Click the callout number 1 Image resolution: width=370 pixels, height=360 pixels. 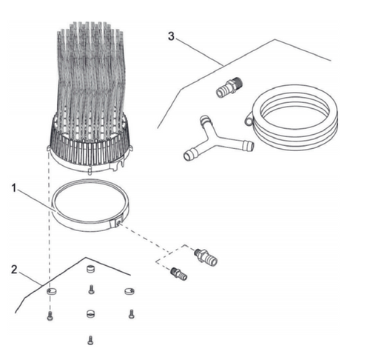pos(14,188)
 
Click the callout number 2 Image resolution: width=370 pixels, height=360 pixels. pos(14,270)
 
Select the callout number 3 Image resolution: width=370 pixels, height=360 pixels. pos(171,36)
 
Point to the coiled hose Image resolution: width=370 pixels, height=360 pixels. pos(294,117)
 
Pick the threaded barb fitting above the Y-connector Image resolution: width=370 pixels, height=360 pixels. pos(229,87)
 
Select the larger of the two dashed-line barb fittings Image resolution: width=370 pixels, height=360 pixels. pos(206,257)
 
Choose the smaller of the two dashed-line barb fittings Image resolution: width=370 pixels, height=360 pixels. pos(178,274)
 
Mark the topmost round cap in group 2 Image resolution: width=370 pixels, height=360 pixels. pos(91,269)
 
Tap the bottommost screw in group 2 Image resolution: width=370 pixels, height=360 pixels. pos(90,340)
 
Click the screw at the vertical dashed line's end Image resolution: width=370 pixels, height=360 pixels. pos(50,316)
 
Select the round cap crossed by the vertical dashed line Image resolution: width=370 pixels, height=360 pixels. pos(52,291)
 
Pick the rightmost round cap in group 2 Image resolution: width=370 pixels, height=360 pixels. pos(129,291)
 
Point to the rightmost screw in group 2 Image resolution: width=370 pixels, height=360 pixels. pos(131,314)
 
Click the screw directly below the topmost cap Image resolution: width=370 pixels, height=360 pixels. pos(91,290)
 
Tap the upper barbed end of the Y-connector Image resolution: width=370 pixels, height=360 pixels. pos(205,120)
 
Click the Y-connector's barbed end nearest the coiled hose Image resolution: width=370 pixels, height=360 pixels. pos(248,145)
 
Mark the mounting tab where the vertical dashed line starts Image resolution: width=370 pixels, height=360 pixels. pos(49,148)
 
